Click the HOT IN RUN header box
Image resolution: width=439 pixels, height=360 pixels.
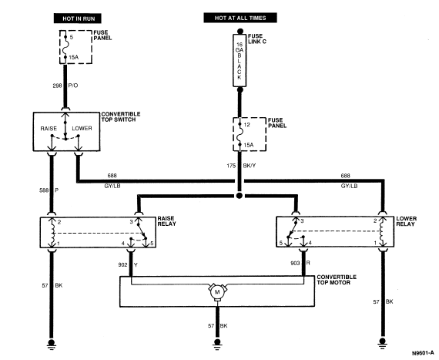coord(78,19)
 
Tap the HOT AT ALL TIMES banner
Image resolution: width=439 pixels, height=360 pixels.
coord(240,18)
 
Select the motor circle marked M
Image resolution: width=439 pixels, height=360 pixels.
coord(217,292)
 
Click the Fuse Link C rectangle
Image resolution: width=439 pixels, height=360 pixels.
coord(240,60)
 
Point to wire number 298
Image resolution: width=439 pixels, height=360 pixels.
coord(57,86)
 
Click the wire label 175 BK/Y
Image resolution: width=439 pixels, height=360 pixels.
coord(241,166)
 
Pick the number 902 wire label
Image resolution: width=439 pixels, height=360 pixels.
coord(122,264)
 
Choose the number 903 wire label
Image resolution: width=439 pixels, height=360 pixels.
coord(295,263)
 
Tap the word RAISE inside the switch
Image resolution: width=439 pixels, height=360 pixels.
coord(49,128)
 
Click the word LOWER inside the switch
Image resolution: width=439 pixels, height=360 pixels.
coord(82,128)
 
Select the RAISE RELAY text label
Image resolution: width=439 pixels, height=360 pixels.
coord(166,221)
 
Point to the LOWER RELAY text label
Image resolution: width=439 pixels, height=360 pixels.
coord(406,221)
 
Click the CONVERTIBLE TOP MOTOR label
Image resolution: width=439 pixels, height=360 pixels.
coord(337,280)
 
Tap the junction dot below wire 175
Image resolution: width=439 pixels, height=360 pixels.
coord(239,196)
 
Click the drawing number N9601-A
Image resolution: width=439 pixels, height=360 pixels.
coord(423,353)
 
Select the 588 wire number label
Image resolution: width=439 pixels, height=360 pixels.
coord(44,190)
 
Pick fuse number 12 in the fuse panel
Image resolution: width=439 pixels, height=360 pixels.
coord(246,125)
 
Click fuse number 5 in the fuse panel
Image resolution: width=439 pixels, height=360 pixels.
coord(72,37)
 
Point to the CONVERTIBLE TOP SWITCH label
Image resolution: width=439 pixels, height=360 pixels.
coord(121,117)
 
